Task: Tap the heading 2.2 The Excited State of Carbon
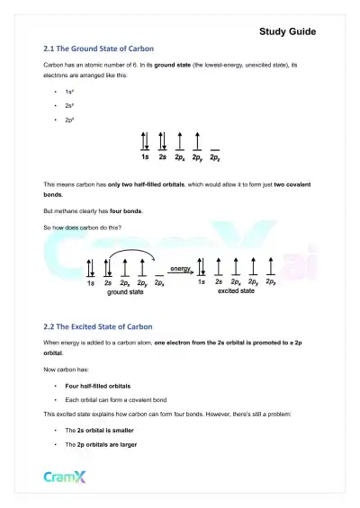click(x=98, y=325)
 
